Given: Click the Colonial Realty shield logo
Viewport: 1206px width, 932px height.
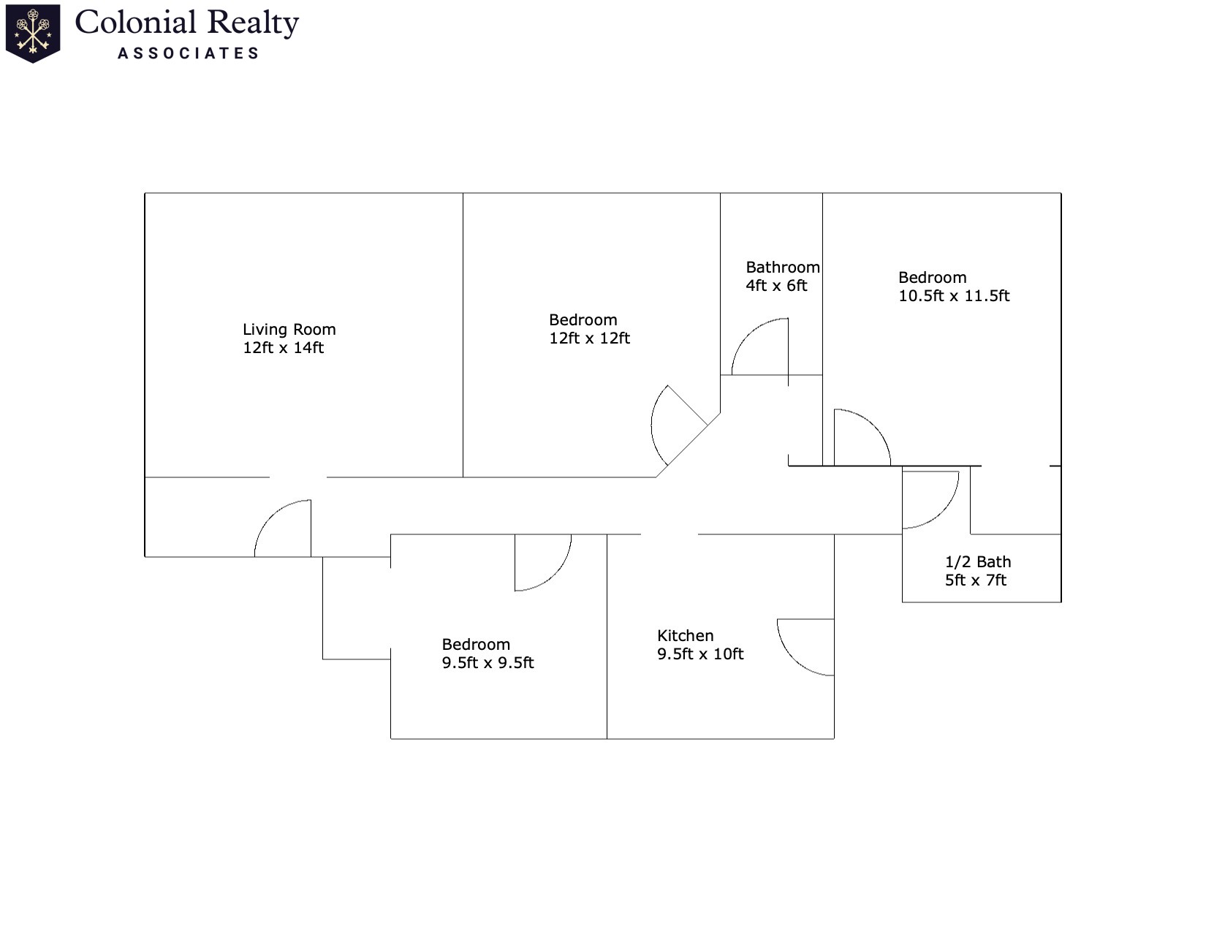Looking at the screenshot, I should (x=33, y=34).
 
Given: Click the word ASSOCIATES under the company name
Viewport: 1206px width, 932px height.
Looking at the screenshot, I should (x=189, y=53).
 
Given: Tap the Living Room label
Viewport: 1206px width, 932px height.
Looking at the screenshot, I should (x=289, y=330).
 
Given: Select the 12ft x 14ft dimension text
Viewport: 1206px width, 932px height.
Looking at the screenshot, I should (x=283, y=348).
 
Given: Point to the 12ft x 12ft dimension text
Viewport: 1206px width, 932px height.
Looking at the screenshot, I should (x=589, y=338).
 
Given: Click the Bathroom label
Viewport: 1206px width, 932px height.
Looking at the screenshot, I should (x=782, y=268).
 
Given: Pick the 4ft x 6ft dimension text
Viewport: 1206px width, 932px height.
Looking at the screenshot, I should (x=776, y=286).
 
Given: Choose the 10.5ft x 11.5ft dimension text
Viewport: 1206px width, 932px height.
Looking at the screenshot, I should (x=954, y=296).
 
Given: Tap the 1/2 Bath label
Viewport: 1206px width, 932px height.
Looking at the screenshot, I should (x=978, y=562).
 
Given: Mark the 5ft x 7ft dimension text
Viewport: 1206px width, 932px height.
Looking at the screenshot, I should (x=976, y=580).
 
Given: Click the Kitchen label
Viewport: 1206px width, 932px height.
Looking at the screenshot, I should (x=685, y=636).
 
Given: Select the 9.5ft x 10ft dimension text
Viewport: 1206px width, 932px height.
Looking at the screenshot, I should (x=700, y=654).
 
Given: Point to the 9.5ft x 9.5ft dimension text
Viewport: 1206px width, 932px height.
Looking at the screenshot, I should (x=488, y=663).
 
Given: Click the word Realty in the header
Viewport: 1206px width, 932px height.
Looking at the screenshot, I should (x=253, y=23).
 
